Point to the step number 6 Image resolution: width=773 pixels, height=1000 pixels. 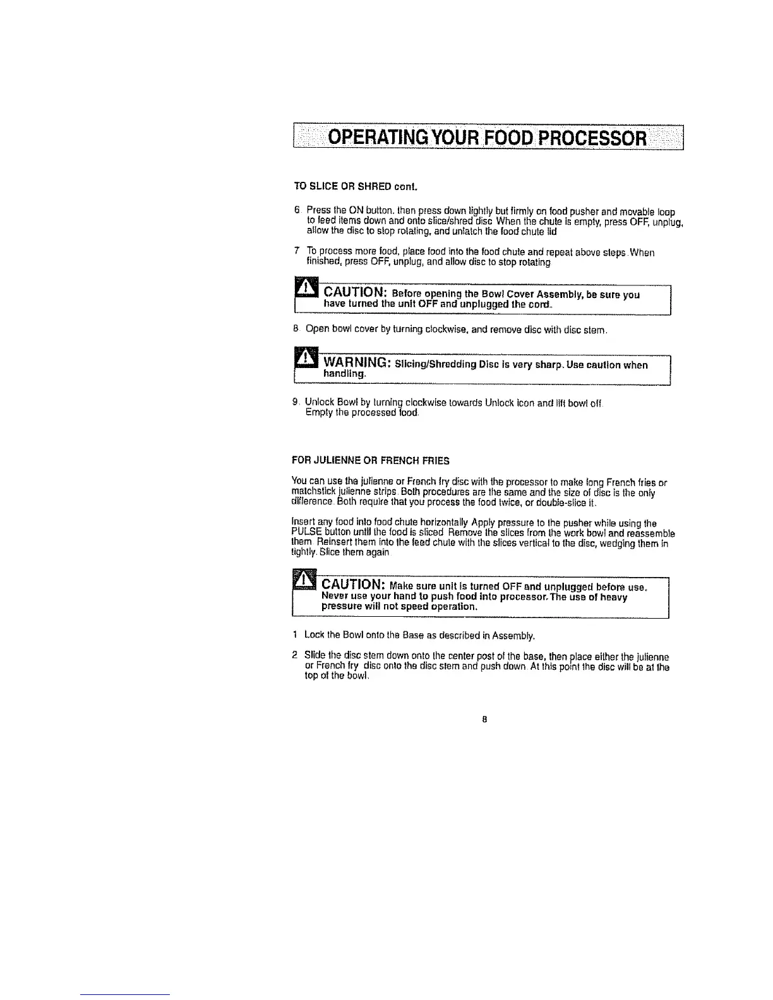(x=296, y=210)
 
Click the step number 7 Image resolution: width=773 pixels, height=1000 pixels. (x=296, y=253)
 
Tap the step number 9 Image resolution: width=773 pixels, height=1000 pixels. (x=296, y=402)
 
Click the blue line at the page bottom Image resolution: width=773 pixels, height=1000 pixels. (x=125, y=994)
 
